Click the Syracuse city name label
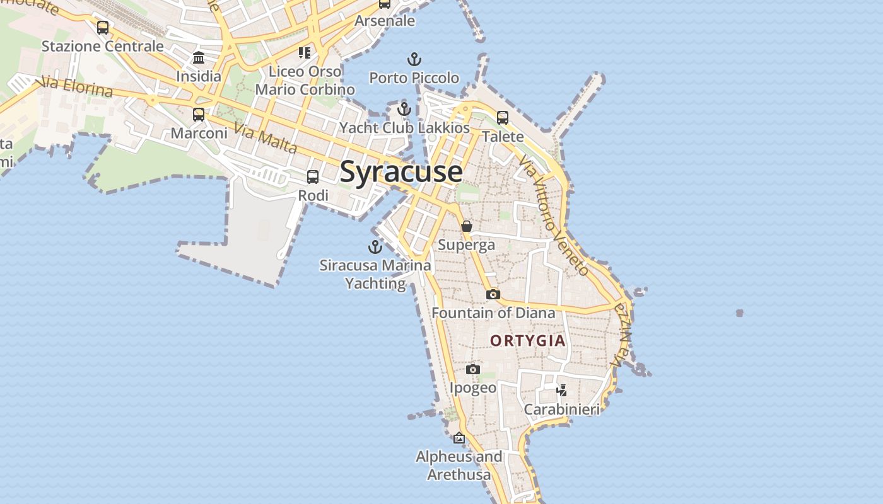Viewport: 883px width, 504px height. pos(401,172)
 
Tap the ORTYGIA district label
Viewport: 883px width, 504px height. pos(528,341)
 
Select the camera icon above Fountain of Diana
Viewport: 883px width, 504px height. pos(493,294)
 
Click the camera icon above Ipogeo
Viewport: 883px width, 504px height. pos(473,369)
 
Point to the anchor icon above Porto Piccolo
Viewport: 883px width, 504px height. pos(414,60)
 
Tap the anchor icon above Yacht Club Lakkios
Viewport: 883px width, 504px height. pos(404,110)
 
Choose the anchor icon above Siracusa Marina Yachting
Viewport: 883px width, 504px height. pos(375,247)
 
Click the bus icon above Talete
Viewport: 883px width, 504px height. pos(503,118)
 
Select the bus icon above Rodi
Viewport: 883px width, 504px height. pos(313,177)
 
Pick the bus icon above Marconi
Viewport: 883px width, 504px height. pos(199,115)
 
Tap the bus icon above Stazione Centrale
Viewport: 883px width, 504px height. pos(103,28)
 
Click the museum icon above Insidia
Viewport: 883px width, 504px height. pos(199,58)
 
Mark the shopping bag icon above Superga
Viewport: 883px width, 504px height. pos(467,226)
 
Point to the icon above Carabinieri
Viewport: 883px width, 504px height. pos(561,391)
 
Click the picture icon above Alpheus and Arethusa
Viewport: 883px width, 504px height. pos(459,438)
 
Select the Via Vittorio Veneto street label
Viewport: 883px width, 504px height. pos(553,216)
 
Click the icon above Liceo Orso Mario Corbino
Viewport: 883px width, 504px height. pos(305,53)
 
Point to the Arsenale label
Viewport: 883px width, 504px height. pos(385,21)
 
